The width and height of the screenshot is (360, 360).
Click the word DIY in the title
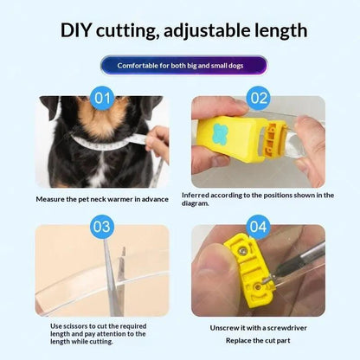75,30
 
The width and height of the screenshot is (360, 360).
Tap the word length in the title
280,31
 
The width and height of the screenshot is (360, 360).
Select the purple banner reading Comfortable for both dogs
184,66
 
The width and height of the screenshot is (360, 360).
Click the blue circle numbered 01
102,98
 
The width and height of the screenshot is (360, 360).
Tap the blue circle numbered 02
259,98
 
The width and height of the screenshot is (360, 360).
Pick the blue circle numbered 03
102,227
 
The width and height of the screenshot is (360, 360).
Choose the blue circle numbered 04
259,227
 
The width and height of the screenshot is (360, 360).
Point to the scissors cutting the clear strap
114,277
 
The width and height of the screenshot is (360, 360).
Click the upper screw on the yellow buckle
243,251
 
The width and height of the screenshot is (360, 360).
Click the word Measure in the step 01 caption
48,199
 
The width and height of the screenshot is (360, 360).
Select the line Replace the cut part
258,341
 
